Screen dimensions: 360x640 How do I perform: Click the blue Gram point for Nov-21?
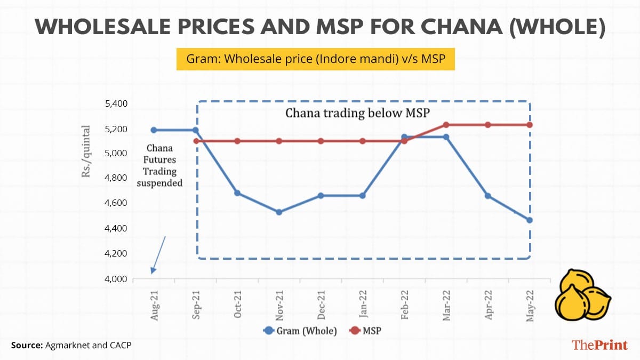[279, 212]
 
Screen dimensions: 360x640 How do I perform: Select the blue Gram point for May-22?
[530, 220]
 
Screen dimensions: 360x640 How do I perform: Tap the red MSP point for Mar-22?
[446, 125]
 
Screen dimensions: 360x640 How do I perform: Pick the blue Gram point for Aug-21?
[154, 130]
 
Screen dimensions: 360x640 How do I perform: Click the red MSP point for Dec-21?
[321, 141]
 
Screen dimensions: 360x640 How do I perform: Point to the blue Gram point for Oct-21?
[237, 193]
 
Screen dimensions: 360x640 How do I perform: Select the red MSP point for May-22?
[530, 125]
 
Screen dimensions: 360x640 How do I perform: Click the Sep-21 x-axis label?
[197, 306]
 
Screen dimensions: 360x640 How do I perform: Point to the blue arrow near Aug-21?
[158, 254]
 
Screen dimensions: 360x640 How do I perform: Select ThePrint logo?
[599, 345]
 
